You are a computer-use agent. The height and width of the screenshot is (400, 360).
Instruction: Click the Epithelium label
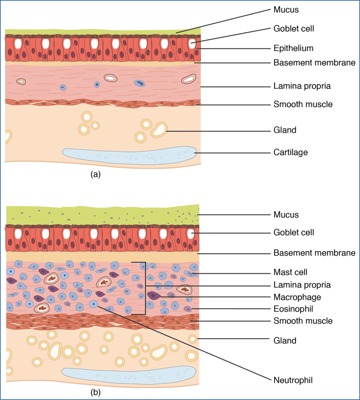click(293, 49)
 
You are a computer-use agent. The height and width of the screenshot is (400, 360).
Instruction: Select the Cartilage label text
click(290, 152)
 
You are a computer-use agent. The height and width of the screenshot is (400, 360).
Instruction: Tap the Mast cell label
click(290, 272)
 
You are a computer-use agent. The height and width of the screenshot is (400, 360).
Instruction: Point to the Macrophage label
click(297, 297)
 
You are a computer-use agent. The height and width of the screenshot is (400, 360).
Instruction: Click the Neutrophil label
click(293, 380)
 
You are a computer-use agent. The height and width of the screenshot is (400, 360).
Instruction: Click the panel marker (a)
click(95, 174)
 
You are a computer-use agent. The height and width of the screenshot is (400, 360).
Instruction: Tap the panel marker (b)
click(95, 392)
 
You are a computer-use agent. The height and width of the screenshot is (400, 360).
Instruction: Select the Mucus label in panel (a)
click(286, 9)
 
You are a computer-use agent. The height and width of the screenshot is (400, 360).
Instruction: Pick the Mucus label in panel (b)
click(286, 215)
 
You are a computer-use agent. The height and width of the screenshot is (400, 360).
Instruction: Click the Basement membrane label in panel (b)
click(314, 253)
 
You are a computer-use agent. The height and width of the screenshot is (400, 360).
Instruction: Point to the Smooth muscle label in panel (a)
click(303, 104)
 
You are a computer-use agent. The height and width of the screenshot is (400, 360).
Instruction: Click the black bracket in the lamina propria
click(144, 288)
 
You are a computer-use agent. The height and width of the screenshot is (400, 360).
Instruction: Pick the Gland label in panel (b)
click(285, 341)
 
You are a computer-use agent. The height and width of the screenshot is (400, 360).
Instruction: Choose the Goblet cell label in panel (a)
click(294, 29)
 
